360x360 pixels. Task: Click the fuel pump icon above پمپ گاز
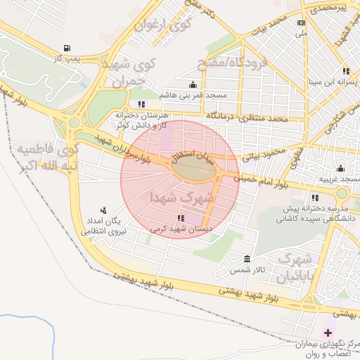click(67, 49)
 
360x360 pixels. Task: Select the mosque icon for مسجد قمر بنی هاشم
click(193, 84)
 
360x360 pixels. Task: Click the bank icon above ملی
click(301, 22)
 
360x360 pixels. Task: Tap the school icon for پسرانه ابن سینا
click(345, 71)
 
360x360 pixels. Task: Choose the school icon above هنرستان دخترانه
click(141, 104)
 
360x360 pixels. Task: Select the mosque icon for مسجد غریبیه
click(340, 169)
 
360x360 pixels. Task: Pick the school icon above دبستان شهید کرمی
click(181, 218)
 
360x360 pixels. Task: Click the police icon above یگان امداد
click(104, 210)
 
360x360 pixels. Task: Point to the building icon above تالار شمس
click(246, 259)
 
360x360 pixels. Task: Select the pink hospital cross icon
click(327, 332)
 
